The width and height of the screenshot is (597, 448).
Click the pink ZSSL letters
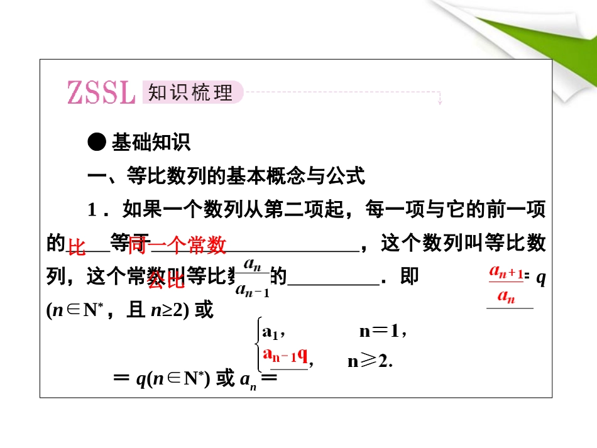tap(101, 93)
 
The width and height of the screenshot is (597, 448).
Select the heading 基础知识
tap(151, 143)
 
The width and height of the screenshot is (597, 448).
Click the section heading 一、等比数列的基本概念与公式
tap(226, 177)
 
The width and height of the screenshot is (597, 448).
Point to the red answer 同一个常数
tap(177, 246)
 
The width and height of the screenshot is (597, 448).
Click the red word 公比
tap(166, 281)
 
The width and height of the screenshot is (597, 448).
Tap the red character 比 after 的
tap(77, 248)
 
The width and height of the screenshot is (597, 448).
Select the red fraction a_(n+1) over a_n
tap(506, 284)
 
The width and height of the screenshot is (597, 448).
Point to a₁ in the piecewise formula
tap(274, 331)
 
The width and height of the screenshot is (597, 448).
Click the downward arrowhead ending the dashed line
tap(440, 101)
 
